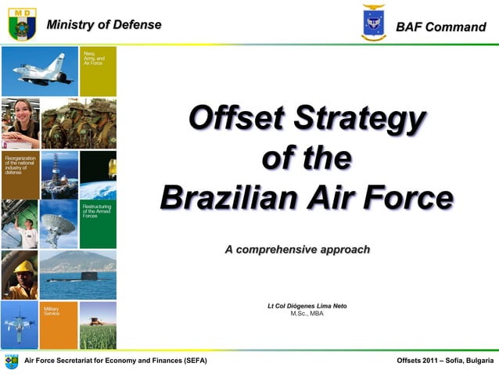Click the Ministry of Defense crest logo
(22, 23)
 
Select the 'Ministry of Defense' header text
(104, 24)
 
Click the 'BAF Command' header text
(440, 27)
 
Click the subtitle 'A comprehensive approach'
(297, 250)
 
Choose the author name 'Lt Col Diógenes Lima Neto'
(307, 305)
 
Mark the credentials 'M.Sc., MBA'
(307, 314)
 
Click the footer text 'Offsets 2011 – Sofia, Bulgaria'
(445, 360)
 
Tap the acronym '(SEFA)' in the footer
(192, 360)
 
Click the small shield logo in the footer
(11, 361)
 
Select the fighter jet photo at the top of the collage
(39, 71)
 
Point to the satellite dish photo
(59, 225)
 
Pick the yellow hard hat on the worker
(23, 267)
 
